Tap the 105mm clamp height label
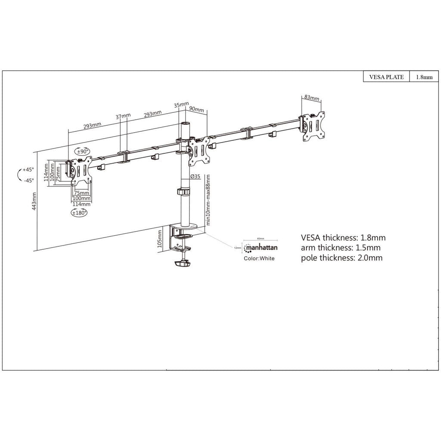pos(160,238)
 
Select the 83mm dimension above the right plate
pos(311,98)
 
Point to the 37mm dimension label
pos(123,116)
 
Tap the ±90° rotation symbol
pos(82,152)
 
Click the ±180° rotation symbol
pos(79,213)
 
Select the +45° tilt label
pos(28,170)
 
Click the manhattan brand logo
pos(261,248)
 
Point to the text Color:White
pos(259,259)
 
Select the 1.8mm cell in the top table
pos(424,78)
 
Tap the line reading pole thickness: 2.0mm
pos(342,258)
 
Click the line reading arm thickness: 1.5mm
pos(341,248)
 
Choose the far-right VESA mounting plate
pos(314,126)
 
